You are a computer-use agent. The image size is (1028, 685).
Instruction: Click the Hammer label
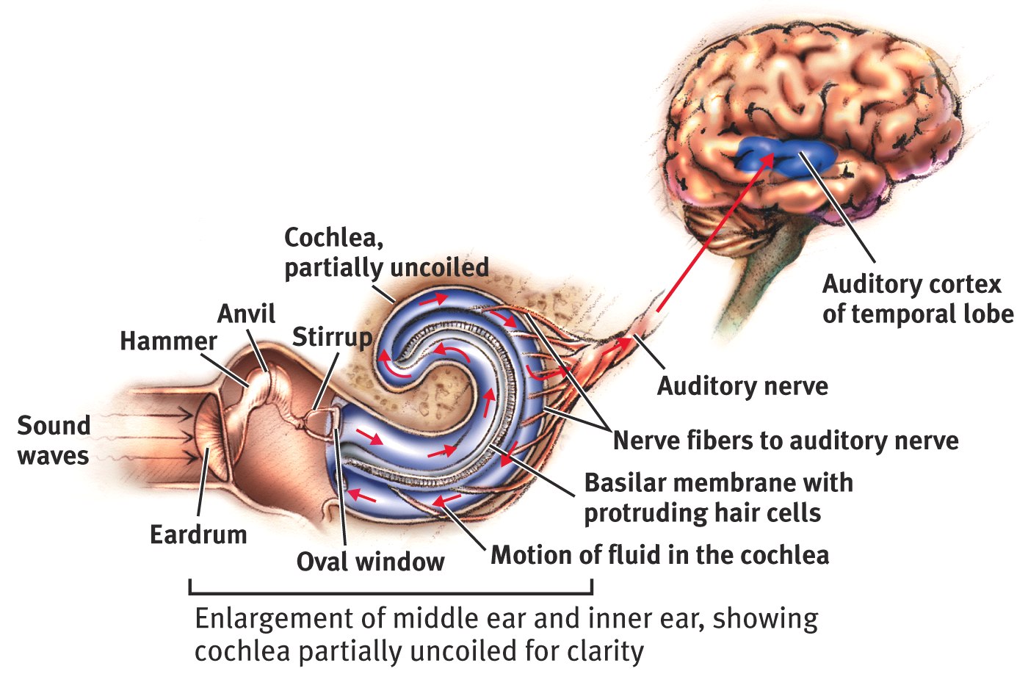click(168, 341)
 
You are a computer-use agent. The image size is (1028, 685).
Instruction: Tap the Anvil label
click(246, 314)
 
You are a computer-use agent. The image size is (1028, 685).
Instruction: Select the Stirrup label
click(332, 337)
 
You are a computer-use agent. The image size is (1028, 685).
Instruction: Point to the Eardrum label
click(198, 534)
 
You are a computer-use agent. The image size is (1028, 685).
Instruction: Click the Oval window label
click(370, 562)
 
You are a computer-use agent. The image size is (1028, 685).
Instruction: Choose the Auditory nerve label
click(742, 386)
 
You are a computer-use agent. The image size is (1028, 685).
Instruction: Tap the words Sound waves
click(53, 441)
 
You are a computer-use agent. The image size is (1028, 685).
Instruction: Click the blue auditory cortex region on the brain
click(786, 156)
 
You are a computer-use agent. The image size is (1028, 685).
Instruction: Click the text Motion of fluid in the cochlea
click(659, 555)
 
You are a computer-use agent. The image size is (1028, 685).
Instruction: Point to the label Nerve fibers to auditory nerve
click(786, 441)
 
